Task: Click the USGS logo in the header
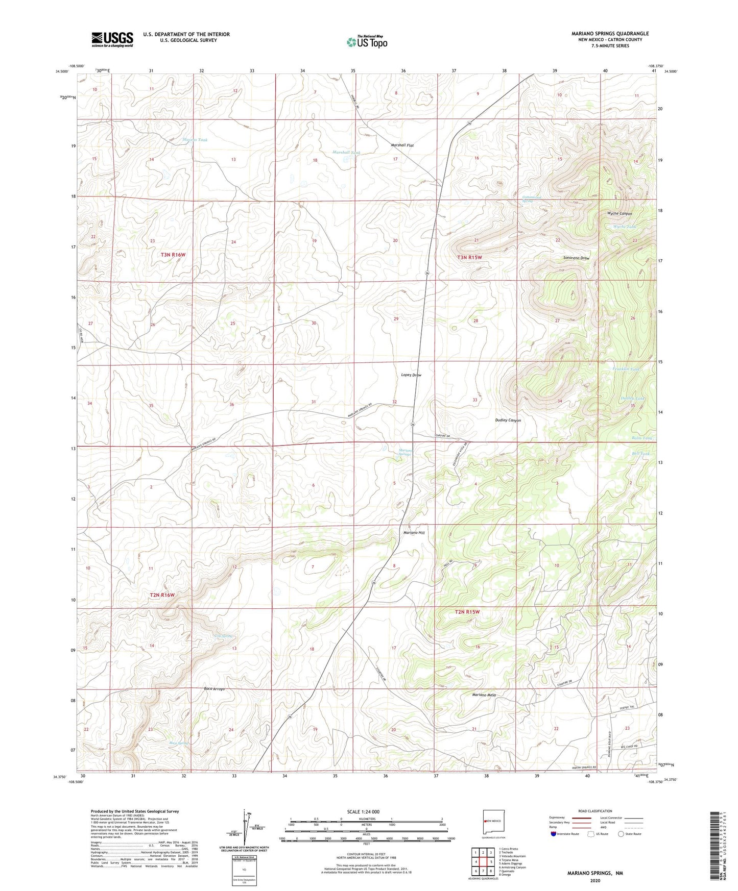point(112,39)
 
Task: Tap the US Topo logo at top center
point(366,42)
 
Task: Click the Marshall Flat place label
point(402,145)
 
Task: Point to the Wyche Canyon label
point(619,214)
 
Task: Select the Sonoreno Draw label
point(576,258)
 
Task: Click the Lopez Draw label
point(411,375)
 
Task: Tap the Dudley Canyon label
point(508,420)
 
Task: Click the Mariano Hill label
point(414,533)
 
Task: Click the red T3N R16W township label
point(173,254)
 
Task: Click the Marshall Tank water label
point(346,153)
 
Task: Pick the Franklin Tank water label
point(626,369)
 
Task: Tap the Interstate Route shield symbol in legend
point(554,834)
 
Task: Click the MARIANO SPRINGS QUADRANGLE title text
point(610,34)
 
